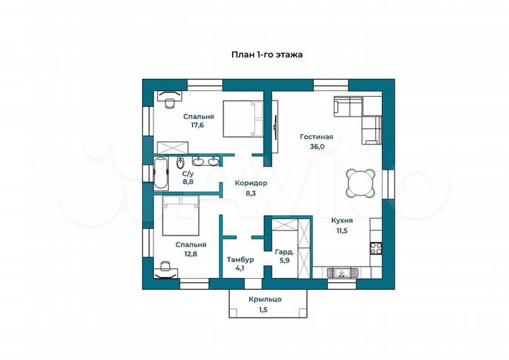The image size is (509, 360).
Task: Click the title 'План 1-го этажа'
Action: click(x=267, y=54)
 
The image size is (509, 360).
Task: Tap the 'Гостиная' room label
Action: click(x=317, y=137)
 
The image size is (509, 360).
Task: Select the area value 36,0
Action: click(x=317, y=146)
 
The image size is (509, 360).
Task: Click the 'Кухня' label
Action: click(x=342, y=221)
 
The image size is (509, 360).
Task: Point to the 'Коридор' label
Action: click(x=251, y=183)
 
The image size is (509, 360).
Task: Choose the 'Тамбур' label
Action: click(x=240, y=260)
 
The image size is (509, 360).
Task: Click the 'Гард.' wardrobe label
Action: click(x=285, y=252)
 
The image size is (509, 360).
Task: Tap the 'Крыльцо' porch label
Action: click(x=265, y=299)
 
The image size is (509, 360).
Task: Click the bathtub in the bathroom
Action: click(x=161, y=173)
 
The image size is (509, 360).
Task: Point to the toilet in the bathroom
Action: click(x=180, y=163)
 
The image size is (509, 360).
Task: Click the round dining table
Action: click(x=361, y=182)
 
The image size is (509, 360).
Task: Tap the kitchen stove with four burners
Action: click(x=377, y=248)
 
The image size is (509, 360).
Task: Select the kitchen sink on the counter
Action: click(x=342, y=272)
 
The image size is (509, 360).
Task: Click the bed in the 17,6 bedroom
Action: click(x=242, y=119)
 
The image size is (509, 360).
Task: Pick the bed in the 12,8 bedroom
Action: click(x=180, y=216)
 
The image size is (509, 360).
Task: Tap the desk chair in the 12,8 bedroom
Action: click(x=165, y=265)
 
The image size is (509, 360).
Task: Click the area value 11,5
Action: click(x=342, y=231)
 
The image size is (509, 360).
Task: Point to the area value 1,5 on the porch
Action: click(x=263, y=310)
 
